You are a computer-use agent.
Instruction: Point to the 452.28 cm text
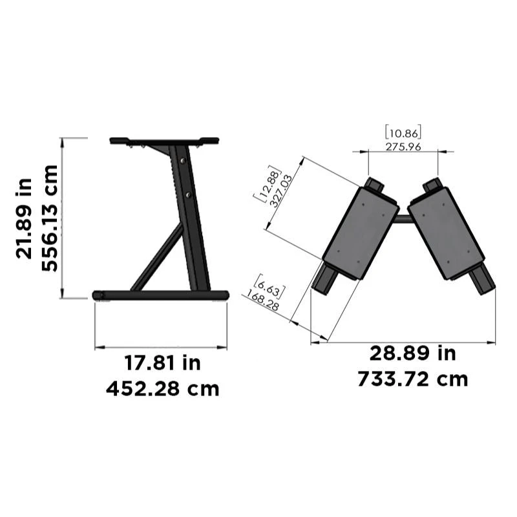pyautogui.click(x=162, y=389)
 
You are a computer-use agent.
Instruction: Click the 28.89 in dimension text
pyautogui.click(x=412, y=353)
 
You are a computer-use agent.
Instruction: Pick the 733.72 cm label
pyautogui.click(x=412, y=379)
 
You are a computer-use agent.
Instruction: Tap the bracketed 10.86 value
pyautogui.click(x=403, y=133)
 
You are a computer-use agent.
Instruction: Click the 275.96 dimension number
pyautogui.click(x=403, y=147)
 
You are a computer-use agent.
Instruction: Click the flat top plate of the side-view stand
pyautogui.click(x=164, y=140)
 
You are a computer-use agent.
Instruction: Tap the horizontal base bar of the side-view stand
pyautogui.click(x=161, y=295)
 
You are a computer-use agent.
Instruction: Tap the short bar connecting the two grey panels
pyautogui.click(x=403, y=219)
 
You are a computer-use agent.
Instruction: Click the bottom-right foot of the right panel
pyautogui.click(x=481, y=279)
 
